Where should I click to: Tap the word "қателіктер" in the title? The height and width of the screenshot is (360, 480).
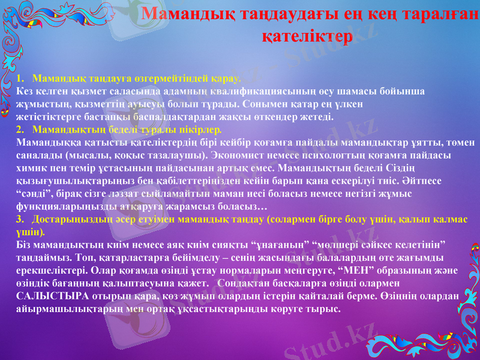[x=307, y=35]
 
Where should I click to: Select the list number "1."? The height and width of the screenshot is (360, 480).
[x=20, y=79]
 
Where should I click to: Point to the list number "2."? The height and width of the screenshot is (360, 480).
[x=20, y=129]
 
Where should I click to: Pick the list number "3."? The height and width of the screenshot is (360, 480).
[x=20, y=220]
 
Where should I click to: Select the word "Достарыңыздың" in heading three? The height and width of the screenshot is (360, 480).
[x=68, y=220]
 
